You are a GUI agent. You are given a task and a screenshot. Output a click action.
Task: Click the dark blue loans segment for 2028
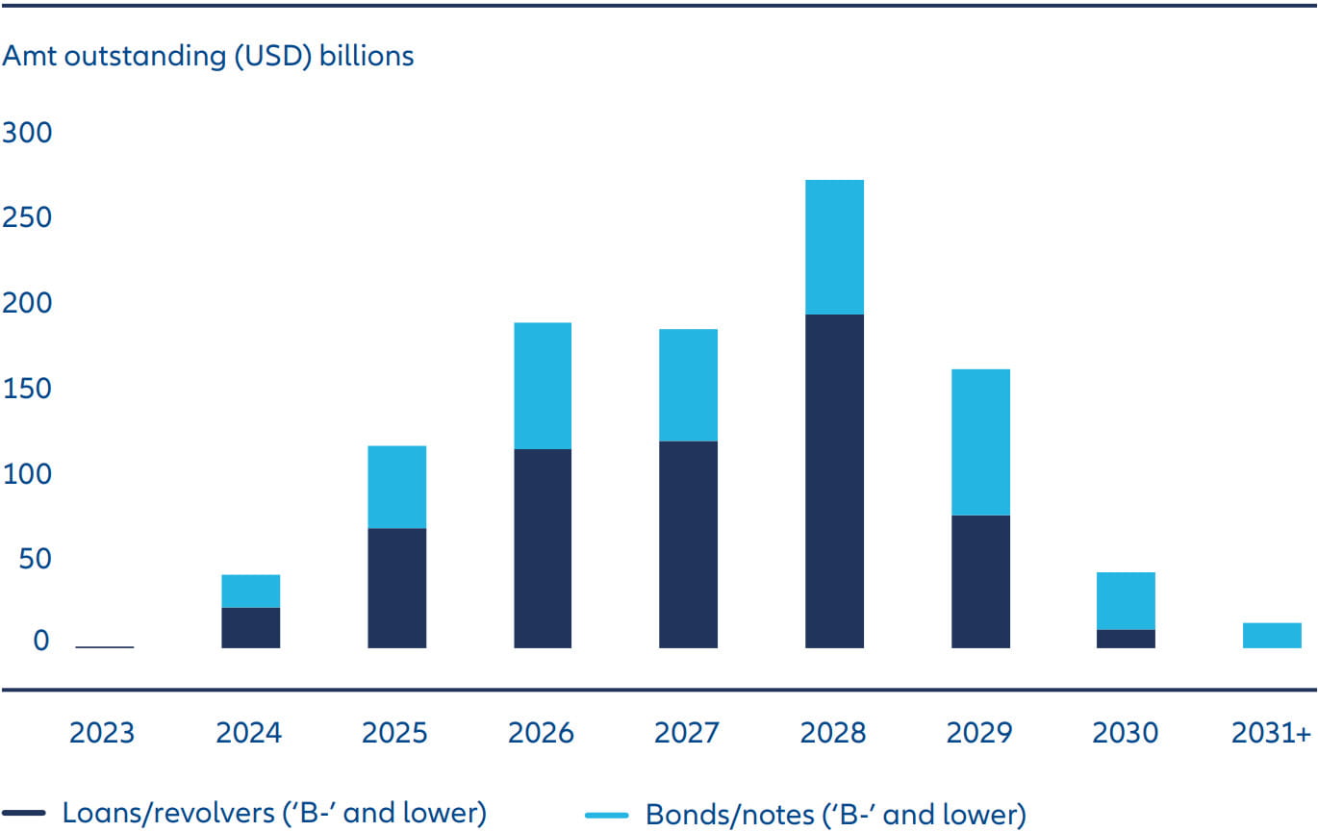point(834,481)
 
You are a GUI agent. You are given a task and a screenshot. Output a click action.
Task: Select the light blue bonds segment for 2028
point(834,247)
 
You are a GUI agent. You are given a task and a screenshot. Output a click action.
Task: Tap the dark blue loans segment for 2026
point(542,548)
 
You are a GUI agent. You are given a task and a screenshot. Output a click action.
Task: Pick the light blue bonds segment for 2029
point(980,442)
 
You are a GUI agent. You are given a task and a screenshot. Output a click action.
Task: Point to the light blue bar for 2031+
point(1272,636)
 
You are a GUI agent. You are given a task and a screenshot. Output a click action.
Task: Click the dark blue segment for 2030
point(1126,639)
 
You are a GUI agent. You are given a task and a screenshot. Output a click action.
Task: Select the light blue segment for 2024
point(250,592)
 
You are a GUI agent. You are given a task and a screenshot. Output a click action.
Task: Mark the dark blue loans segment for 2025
point(396,588)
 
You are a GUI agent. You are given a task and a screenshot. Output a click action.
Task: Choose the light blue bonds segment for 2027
point(688,386)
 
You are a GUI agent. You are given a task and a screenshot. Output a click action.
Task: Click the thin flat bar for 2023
point(104,647)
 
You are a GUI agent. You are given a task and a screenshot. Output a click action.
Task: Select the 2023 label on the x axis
point(103,733)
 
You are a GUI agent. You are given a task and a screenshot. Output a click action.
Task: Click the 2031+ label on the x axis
point(1272,733)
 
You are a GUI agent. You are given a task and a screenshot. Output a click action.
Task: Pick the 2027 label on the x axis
point(687,733)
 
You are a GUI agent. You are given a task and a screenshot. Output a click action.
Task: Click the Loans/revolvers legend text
point(274,813)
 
